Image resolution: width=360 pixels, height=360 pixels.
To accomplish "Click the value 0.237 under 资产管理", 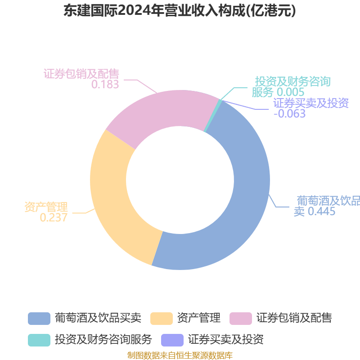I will coord(54,218).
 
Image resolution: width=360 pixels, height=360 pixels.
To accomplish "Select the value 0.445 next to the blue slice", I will coord(321,211).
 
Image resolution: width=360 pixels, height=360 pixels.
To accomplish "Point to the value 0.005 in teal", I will coord(290,92).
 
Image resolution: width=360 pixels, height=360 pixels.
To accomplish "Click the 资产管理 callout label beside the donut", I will coord(46,207).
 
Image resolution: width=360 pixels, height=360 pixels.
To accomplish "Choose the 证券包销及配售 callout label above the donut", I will coord(81,73).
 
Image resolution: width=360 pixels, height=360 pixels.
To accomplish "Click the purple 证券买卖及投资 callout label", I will coord(311,103).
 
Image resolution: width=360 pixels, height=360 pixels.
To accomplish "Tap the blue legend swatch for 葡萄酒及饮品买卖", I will coord(39,318).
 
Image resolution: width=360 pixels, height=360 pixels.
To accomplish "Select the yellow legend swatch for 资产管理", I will coord(162,318).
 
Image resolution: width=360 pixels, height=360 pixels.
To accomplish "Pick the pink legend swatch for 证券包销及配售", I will coord(241,318).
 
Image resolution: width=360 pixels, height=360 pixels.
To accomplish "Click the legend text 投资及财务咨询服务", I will coord(103,339).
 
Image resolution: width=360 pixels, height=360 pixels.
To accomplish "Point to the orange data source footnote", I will coord(180,355).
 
